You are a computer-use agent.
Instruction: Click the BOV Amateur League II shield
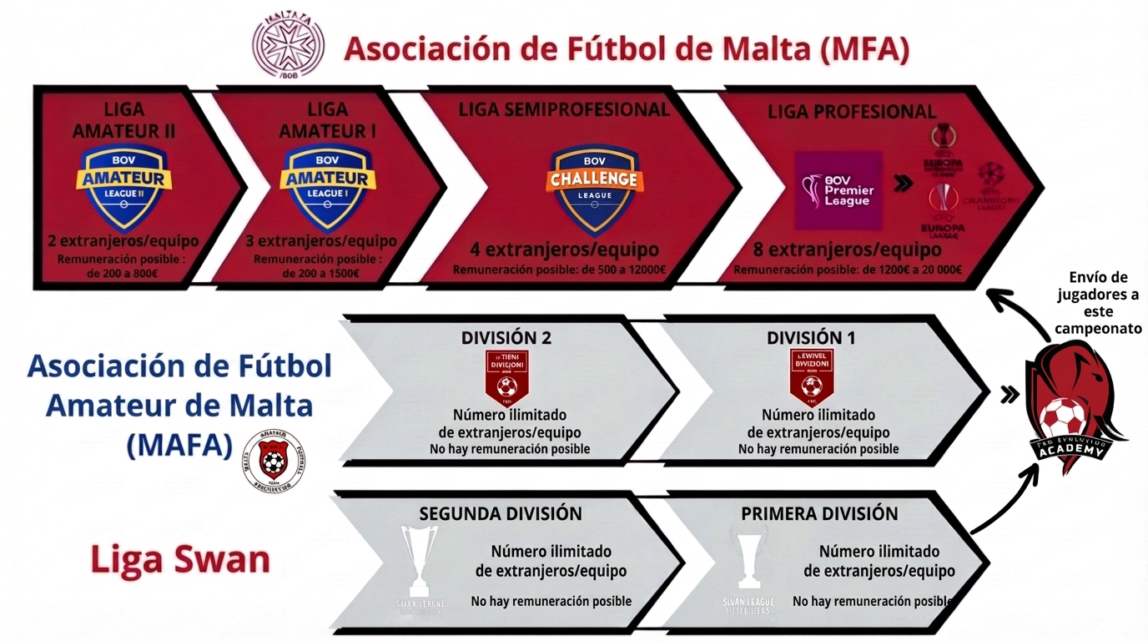click(x=123, y=188)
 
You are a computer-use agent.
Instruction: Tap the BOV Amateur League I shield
click(x=327, y=188)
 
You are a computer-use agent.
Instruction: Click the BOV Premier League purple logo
click(x=838, y=190)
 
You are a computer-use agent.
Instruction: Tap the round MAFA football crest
click(x=273, y=458)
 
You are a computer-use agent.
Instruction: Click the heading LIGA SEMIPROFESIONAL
click(x=564, y=109)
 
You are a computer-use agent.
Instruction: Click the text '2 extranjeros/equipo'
click(x=123, y=241)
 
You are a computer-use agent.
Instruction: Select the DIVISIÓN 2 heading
click(x=506, y=338)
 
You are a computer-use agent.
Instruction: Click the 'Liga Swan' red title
click(x=180, y=559)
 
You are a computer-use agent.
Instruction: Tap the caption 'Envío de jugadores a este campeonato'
click(x=1098, y=302)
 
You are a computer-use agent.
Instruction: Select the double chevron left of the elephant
click(x=1010, y=394)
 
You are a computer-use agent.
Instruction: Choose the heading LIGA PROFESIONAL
click(x=852, y=111)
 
